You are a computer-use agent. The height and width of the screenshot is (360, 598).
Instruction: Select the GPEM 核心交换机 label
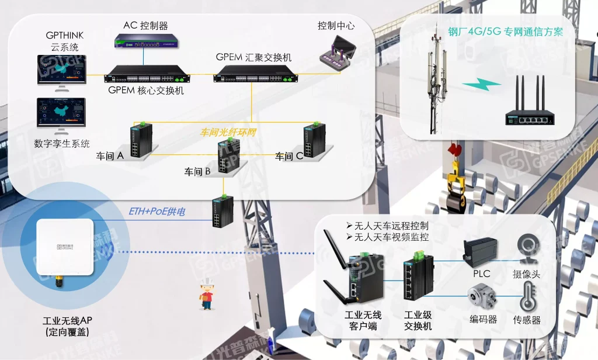pos(146,91)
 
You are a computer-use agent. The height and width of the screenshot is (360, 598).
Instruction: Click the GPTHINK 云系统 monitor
pos(61,72)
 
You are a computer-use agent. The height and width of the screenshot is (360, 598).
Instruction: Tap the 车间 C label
pos(289,156)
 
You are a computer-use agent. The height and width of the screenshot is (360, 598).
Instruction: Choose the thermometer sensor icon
pos(527,296)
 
